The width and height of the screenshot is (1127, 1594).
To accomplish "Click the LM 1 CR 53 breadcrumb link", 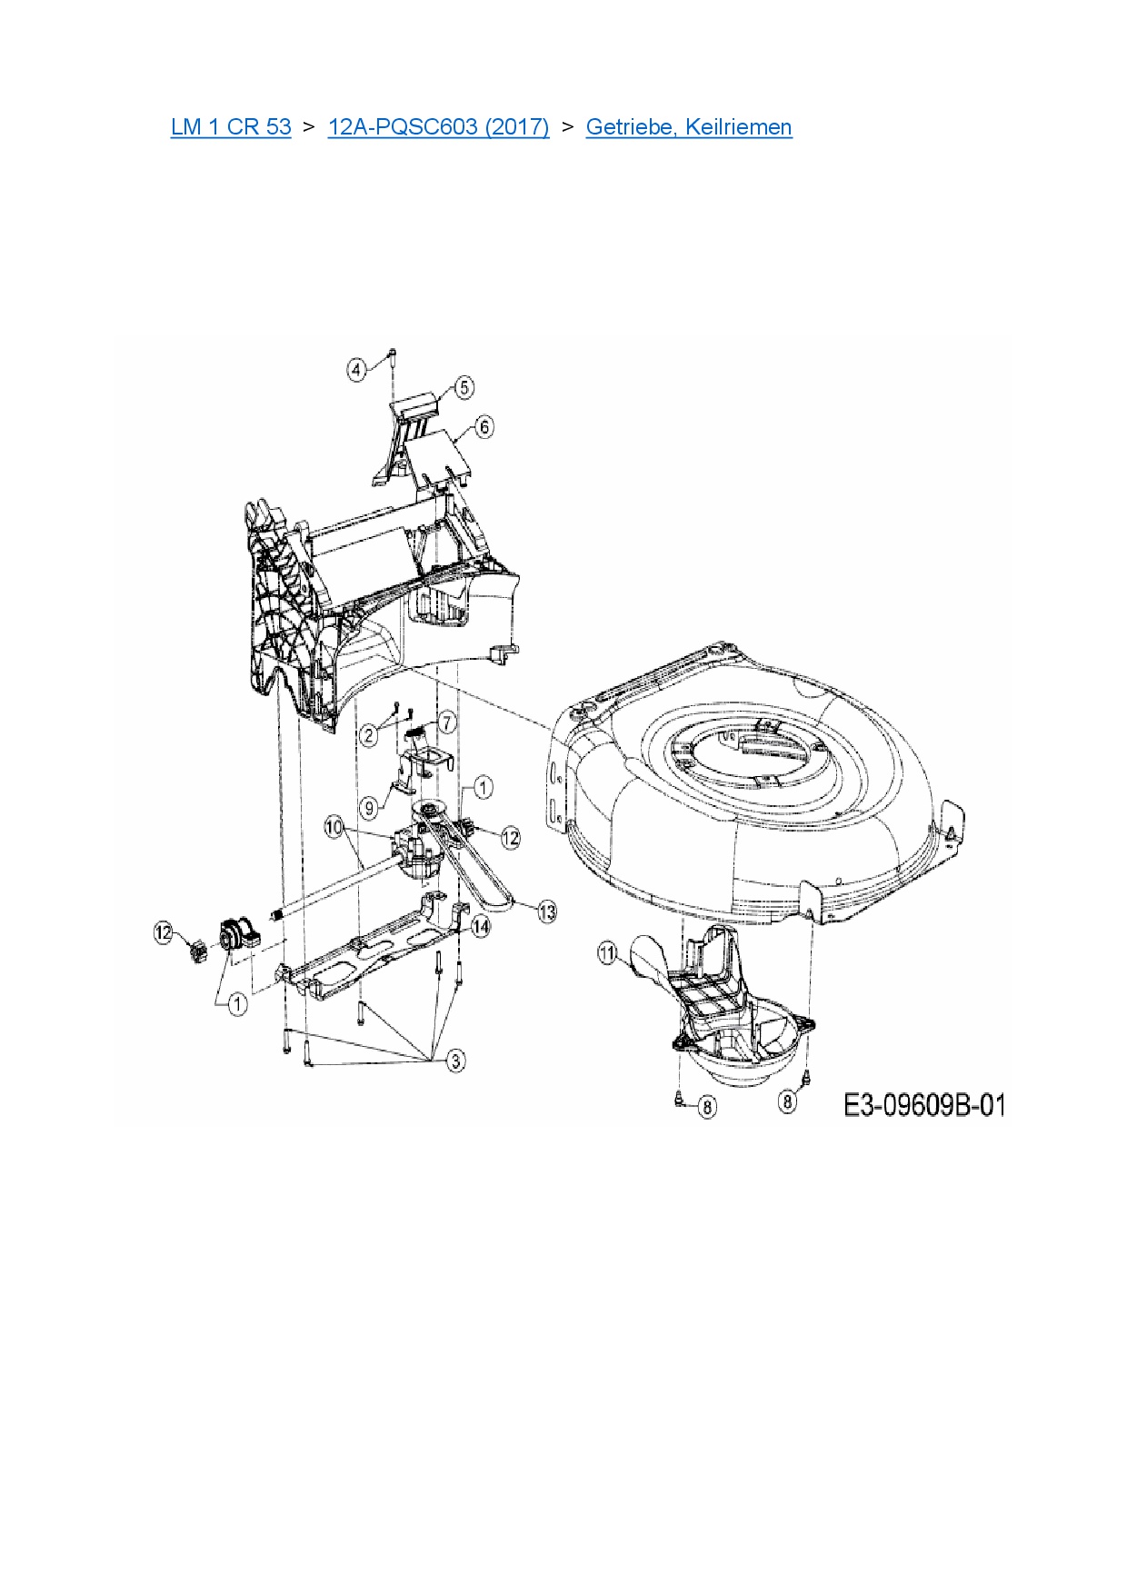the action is click(231, 127).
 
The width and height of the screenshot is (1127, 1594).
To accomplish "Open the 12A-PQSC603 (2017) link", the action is click(438, 127).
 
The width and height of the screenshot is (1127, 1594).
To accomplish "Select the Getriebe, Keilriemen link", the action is click(689, 127).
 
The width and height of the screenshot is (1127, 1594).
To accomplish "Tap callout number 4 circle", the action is click(357, 369).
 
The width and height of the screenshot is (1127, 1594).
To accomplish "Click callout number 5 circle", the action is click(464, 388).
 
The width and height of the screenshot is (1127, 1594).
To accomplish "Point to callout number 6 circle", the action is click(484, 426).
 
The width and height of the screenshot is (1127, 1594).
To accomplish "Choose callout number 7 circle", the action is click(446, 722).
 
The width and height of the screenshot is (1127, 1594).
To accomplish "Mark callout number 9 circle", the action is click(369, 807).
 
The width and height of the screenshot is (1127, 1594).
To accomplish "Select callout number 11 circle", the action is click(607, 953).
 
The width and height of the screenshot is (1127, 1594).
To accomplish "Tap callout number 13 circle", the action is click(547, 912).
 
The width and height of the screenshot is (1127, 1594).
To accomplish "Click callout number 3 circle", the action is click(455, 1060).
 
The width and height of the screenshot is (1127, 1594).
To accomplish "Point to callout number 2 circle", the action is click(369, 734).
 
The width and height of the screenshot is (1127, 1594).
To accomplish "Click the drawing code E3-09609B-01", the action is click(924, 1105).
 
